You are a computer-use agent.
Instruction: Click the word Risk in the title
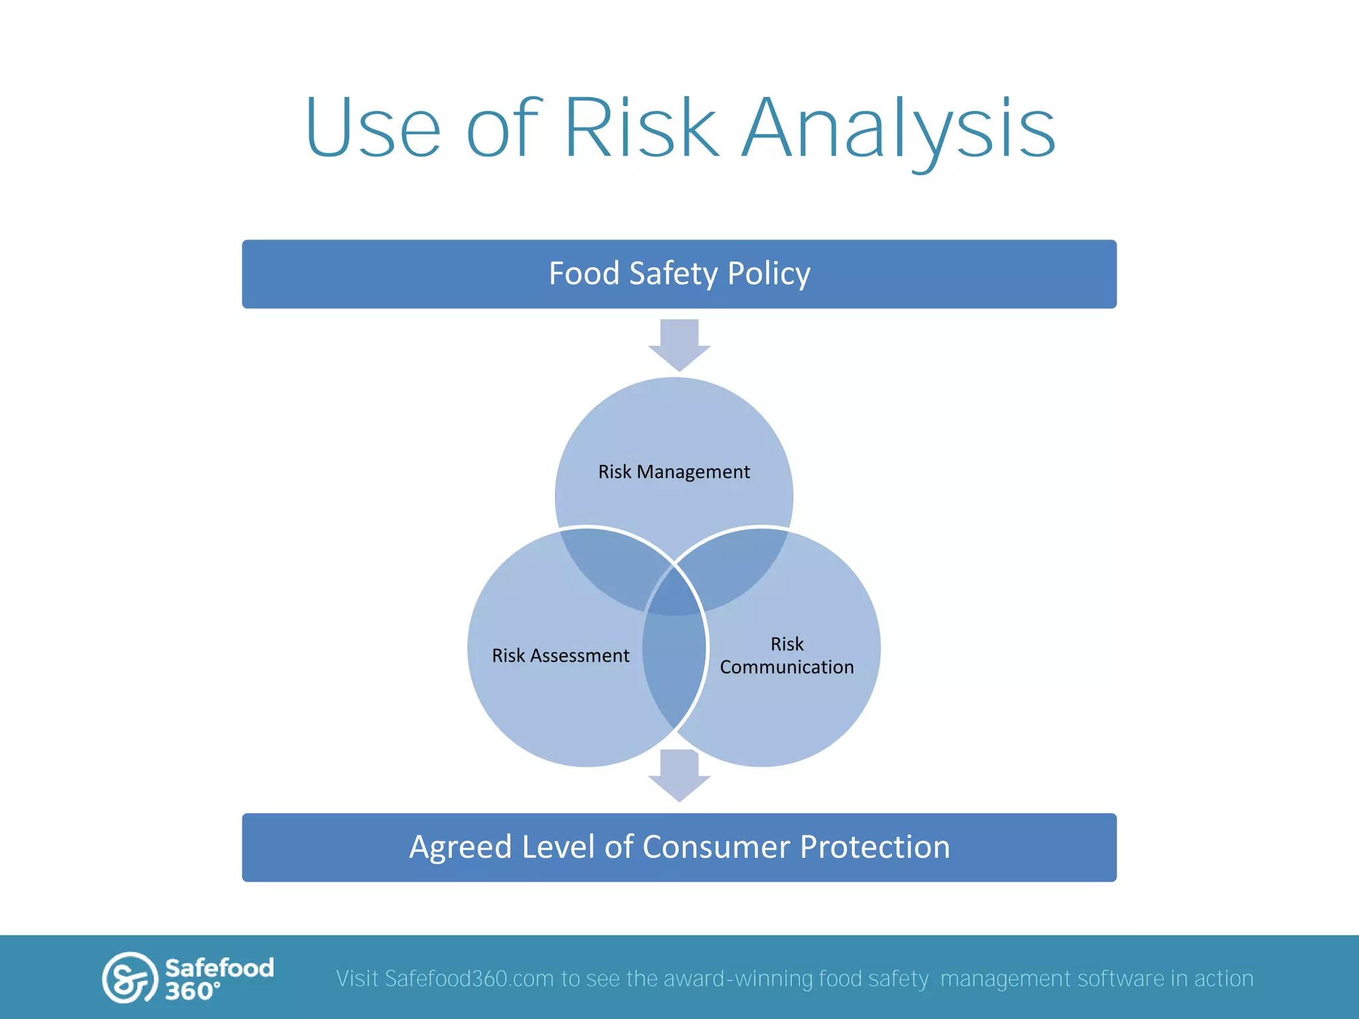(641, 127)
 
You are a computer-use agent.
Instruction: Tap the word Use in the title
(373, 127)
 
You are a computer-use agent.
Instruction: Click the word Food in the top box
(584, 274)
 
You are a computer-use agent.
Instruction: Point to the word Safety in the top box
(673, 274)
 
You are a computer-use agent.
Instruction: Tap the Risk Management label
(674, 472)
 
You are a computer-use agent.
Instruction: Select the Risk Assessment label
(560, 655)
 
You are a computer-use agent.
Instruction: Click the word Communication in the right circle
(787, 667)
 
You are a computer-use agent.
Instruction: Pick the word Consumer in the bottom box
(716, 847)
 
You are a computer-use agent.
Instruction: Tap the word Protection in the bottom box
(875, 847)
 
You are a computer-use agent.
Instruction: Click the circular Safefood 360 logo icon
(129, 978)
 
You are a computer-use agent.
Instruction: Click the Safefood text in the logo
(219, 968)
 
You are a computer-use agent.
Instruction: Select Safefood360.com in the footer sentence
(468, 979)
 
